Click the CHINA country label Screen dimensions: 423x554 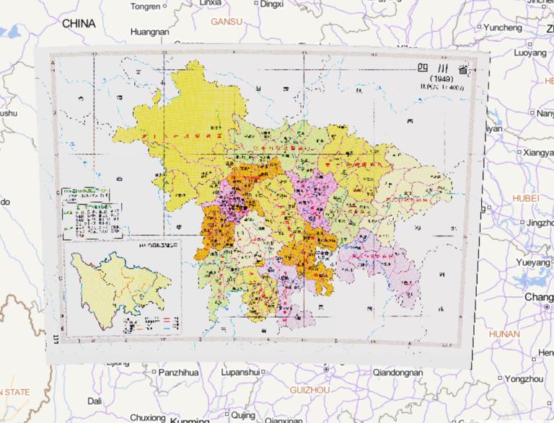click(79, 24)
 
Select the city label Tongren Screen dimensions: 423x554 click(146, 6)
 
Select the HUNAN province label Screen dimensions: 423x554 click(503, 334)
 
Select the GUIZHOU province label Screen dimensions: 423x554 click(308, 389)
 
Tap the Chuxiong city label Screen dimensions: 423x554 click(148, 417)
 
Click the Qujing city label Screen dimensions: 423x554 click(244, 415)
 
